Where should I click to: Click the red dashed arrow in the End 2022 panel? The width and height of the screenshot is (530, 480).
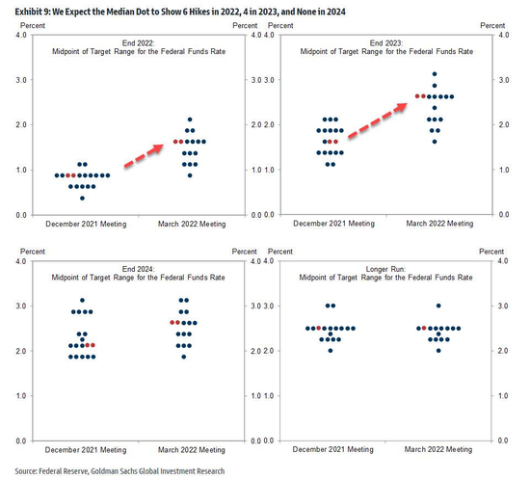point(144,155)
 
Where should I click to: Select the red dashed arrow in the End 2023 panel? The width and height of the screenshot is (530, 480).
point(378,120)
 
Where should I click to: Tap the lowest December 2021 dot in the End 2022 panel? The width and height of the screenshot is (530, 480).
point(82,199)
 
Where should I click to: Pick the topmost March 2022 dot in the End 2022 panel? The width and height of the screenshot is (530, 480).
point(190,120)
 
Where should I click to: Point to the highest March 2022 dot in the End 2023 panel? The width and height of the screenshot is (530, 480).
point(435,73)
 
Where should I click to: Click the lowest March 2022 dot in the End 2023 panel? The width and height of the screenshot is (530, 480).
point(435,142)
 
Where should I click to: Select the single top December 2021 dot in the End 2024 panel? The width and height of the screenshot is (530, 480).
point(82,300)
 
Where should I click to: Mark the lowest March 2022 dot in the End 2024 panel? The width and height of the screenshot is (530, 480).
point(183,357)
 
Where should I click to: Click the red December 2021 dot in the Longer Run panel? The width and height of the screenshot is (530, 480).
point(318,328)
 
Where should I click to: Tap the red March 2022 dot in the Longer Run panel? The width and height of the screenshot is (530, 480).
point(424,328)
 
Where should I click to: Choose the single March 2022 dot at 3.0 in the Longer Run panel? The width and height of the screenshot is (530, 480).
point(438,306)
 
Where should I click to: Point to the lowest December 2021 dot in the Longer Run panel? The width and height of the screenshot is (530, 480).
point(331,351)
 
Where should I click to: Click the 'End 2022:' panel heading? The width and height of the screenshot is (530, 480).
point(138,43)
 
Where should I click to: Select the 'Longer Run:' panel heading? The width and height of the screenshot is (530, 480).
point(385,269)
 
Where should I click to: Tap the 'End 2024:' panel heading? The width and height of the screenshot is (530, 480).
point(138,269)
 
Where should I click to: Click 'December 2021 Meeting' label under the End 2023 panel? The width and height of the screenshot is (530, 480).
point(334,224)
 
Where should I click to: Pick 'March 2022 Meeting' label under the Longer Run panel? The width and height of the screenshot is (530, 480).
point(438,449)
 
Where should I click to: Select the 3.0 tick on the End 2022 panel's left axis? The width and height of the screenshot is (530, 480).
point(21,80)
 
